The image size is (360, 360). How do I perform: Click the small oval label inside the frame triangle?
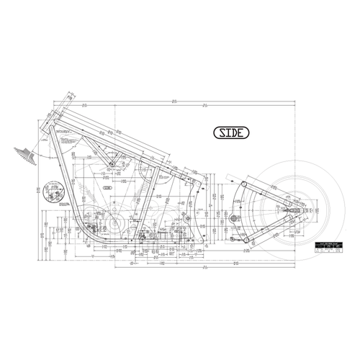(108, 186)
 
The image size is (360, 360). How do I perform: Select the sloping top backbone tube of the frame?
(108, 138)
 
